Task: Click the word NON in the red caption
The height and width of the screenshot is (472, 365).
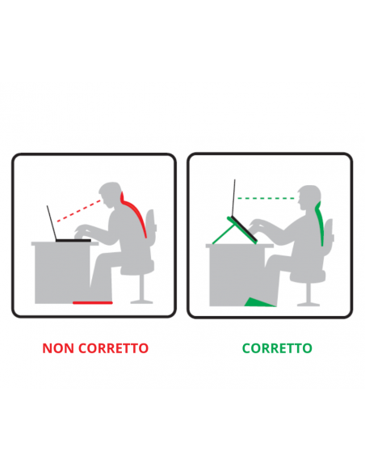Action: (57, 348)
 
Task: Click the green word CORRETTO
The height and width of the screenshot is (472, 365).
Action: (277, 348)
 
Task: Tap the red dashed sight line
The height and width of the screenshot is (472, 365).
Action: (79, 211)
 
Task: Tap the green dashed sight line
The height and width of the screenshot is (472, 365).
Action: (266, 198)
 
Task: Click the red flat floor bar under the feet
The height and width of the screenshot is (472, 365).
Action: (93, 302)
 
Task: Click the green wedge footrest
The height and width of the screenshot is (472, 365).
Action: (258, 302)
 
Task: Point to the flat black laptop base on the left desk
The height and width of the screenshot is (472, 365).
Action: (73, 240)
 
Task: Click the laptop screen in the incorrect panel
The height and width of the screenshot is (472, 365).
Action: (52, 223)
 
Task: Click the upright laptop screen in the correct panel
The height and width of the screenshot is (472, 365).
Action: (233, 198)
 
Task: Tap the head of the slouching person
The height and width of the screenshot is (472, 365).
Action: (111, 194)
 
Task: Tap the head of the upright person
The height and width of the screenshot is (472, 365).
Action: (308, 197)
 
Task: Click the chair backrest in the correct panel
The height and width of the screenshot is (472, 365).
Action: (329, 233)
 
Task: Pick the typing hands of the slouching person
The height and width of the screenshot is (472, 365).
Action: (82, 231)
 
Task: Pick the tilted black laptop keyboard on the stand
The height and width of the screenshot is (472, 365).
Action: (243, 230)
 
